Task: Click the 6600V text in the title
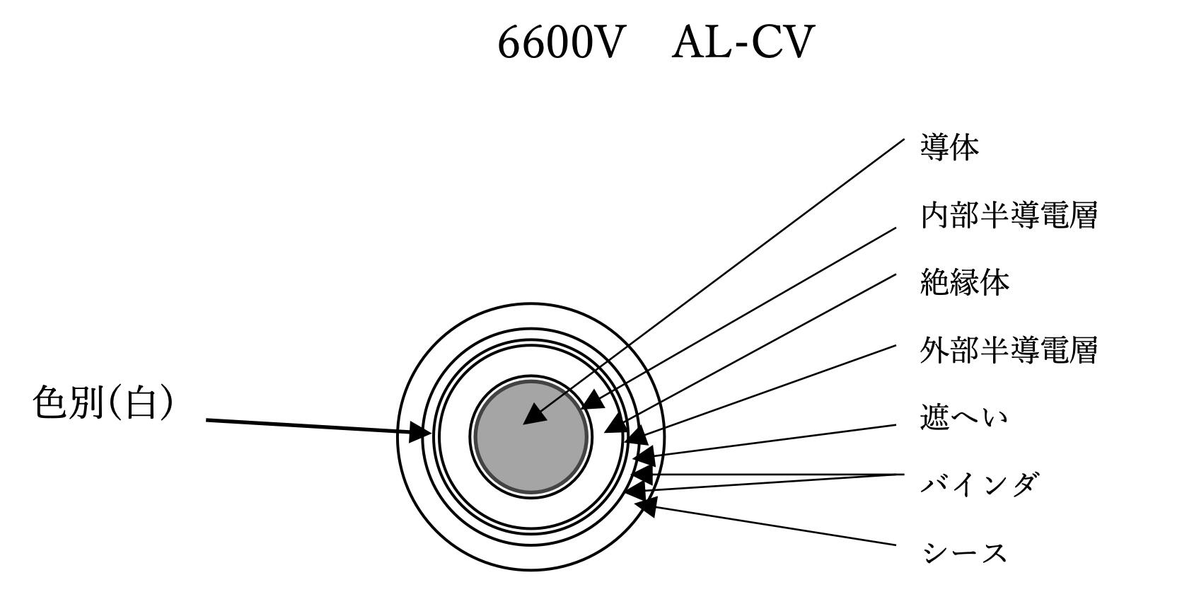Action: tap(562, 42)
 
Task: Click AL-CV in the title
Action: tap(742, 42)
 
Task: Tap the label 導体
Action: tap(949, 147)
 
